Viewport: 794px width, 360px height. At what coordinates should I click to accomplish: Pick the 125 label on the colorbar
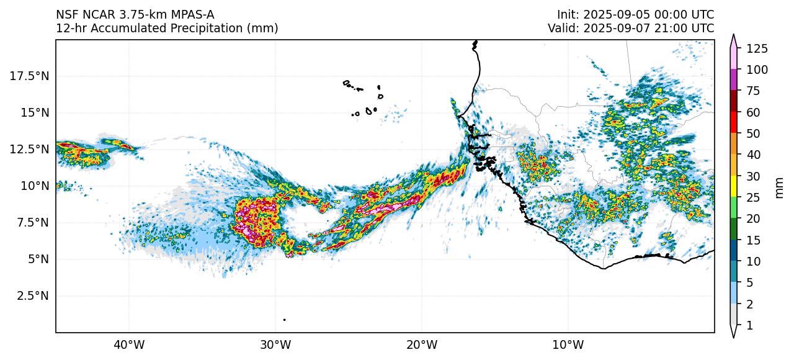[757, 48]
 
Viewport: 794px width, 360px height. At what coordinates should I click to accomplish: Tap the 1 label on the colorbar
[749, 325]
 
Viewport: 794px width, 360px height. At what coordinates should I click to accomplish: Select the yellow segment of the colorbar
[734, 187]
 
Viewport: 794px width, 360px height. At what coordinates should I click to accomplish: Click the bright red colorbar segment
[734, 122]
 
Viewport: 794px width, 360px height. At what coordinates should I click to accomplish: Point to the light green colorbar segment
[734, 208]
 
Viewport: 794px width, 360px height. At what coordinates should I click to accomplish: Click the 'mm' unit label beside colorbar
[780, 187]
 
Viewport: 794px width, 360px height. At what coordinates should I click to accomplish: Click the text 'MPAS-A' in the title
[195, 14]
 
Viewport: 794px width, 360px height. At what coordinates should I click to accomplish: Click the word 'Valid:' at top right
[563, 28]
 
